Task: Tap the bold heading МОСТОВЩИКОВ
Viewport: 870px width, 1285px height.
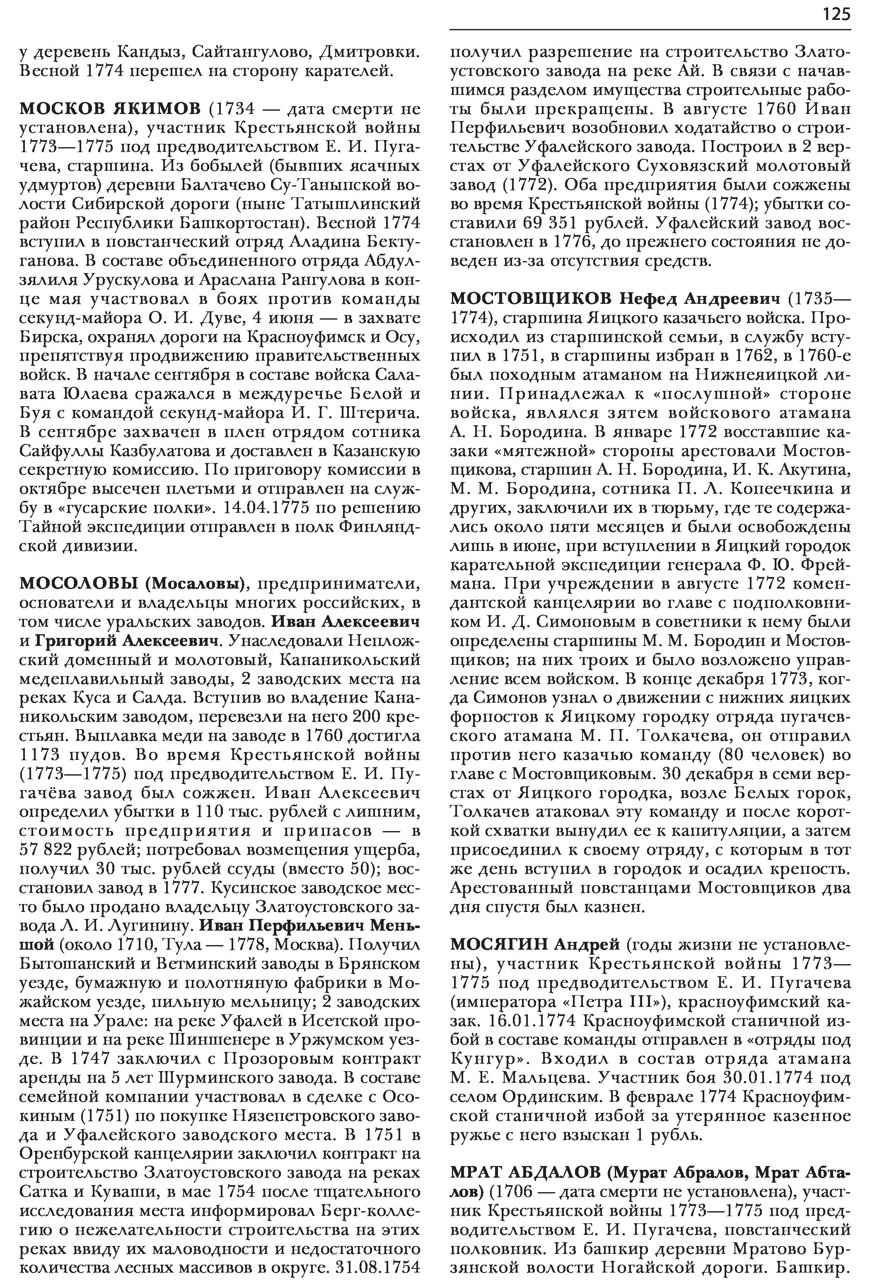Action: (531, 299)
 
